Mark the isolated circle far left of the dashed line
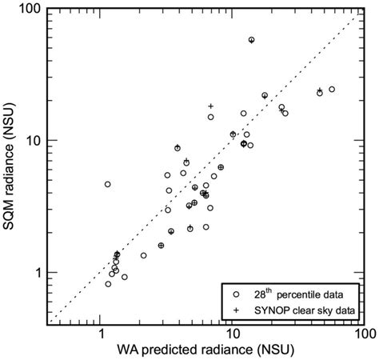coord(107,184)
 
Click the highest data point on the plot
coord(251,39)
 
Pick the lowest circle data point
coord(108,284)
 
